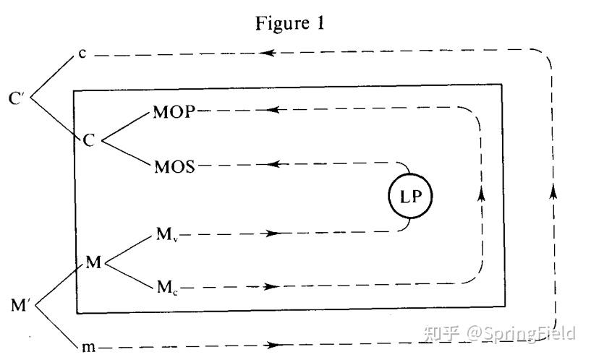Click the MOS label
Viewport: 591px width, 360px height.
(174, 168)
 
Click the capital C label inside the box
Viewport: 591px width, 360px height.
(89, 140)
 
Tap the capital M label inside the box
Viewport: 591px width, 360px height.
(93, 262)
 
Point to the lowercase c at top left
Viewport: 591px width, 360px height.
(82, 55)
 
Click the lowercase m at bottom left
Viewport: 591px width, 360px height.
(88, 346)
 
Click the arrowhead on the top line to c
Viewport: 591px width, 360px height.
(268, 53)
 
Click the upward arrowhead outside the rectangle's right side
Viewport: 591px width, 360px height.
(554, 191)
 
